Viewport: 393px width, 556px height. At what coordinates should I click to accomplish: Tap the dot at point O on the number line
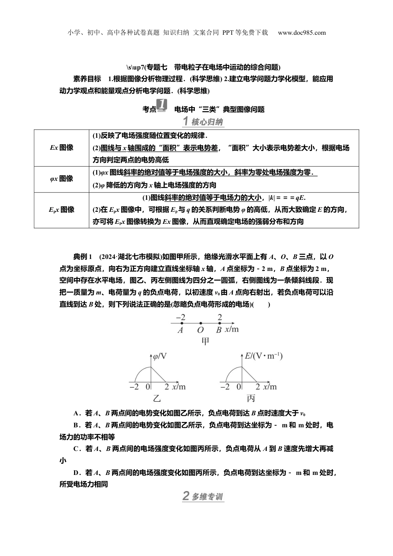[201, 323]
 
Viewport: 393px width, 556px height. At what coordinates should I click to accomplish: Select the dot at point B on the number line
[220, 323]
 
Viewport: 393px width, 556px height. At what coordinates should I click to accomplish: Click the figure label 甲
[205, 341]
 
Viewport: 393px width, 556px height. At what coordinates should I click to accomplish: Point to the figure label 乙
[157, 398]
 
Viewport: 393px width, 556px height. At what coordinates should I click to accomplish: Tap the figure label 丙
[251, 398]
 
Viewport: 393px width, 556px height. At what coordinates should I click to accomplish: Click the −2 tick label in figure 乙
[134, 387]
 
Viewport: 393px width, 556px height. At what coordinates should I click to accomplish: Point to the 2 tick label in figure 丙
[257, 387]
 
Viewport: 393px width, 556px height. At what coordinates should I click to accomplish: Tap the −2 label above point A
[180, 317]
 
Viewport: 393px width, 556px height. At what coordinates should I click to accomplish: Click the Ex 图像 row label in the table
[62, 147]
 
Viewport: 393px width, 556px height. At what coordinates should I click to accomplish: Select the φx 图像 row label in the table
[61, 179]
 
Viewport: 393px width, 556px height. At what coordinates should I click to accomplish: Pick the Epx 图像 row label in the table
[62, 210]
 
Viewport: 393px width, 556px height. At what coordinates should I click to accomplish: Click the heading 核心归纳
[203, 122]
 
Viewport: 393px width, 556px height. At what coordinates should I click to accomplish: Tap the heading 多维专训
[203, 496]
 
